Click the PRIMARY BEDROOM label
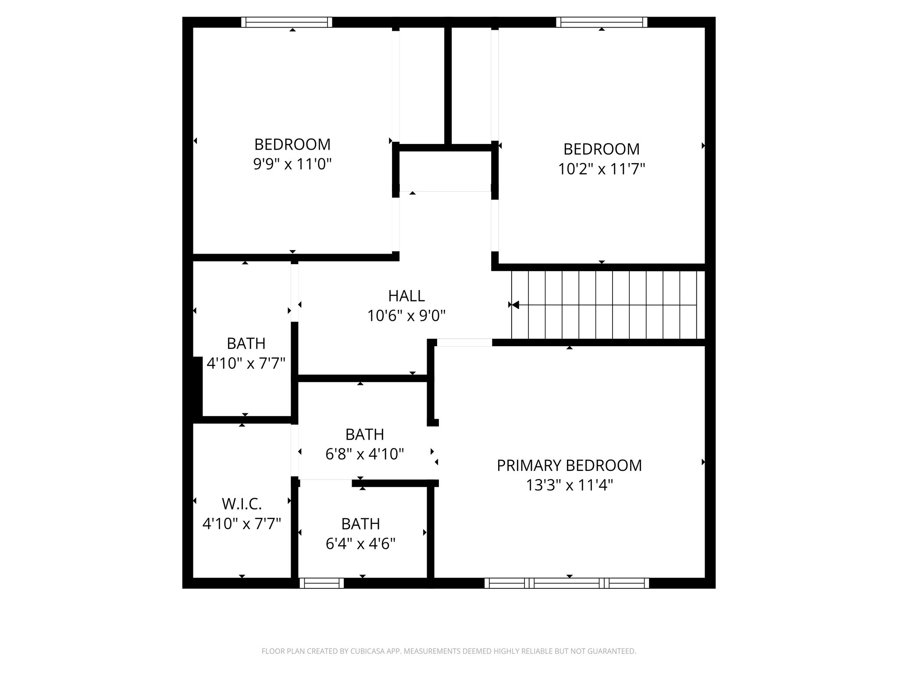pyautogui.click(x=569, y=466)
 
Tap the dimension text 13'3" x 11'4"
pyautogui.click(x=569, y=486)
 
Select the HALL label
pyautogui.click(x=406, y=296)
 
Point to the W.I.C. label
pyautogui.click(x=242, y=504)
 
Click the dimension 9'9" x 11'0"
pyautogui.click(x=292, y=165)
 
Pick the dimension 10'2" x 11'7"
pyautogui.click(x=601, y=169)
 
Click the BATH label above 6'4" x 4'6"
pyautogui.click(x=360, y=524)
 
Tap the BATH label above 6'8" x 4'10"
pyautogui.click(x=364, y=434)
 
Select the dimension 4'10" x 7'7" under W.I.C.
pyautogui.click(x=242, y=524)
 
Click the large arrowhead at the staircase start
pyautogui.click(x=516, y=305)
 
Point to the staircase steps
pyautogui.click(x=609, y=305)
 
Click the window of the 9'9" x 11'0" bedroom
pyautogui.click(x=286, y=22)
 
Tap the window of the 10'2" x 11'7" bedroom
pyautogui.click(x=602, y=22)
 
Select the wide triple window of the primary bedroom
pyautogui.click(x=567, y=583)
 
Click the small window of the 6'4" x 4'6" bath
pyautogui.click(x=321, y=583)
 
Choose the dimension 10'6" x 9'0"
pyautogui.click(x=406, y=316)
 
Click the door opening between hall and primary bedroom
pyautogui.click(x=464, y=343)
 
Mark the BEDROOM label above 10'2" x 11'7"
pyautogui.click(x=601, y=149)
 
